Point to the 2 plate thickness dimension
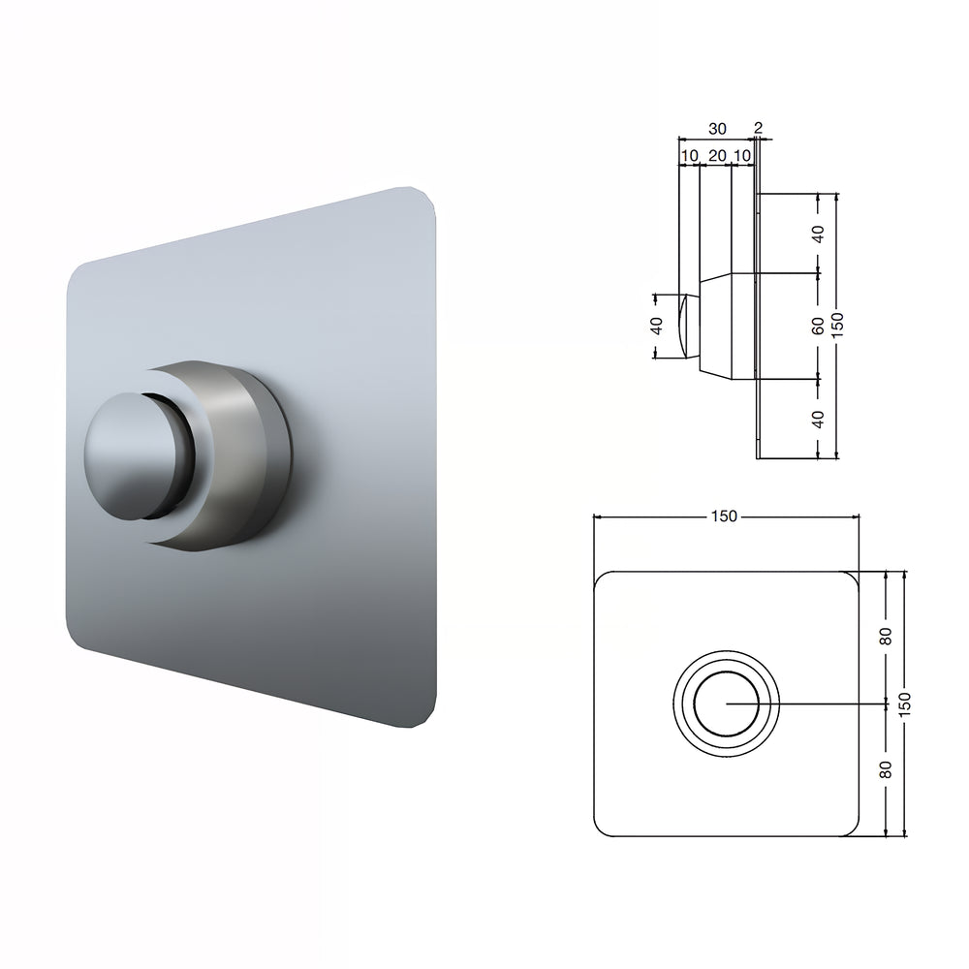(758, 128)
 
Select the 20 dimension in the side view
(717, 155)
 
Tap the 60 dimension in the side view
(819, 326)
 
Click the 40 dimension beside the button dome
(657, 327)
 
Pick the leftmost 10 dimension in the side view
(689, 155)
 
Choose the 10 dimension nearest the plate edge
(742, 155)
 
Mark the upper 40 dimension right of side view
(819, 233)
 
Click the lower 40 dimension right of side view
(819, 419)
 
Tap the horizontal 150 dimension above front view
(724, 516)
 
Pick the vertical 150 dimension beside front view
(905, 703)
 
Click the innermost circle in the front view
(726, 703)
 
